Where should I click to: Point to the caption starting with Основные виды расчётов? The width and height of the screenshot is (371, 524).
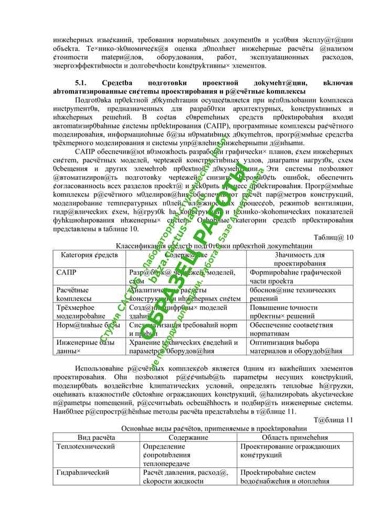[x=214, y=428]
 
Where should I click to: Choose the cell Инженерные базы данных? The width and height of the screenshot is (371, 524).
[x=84, y=346]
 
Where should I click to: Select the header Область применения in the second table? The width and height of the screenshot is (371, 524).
[x=295, y=438]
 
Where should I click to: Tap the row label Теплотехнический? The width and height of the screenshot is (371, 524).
[x=85, y=446]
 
